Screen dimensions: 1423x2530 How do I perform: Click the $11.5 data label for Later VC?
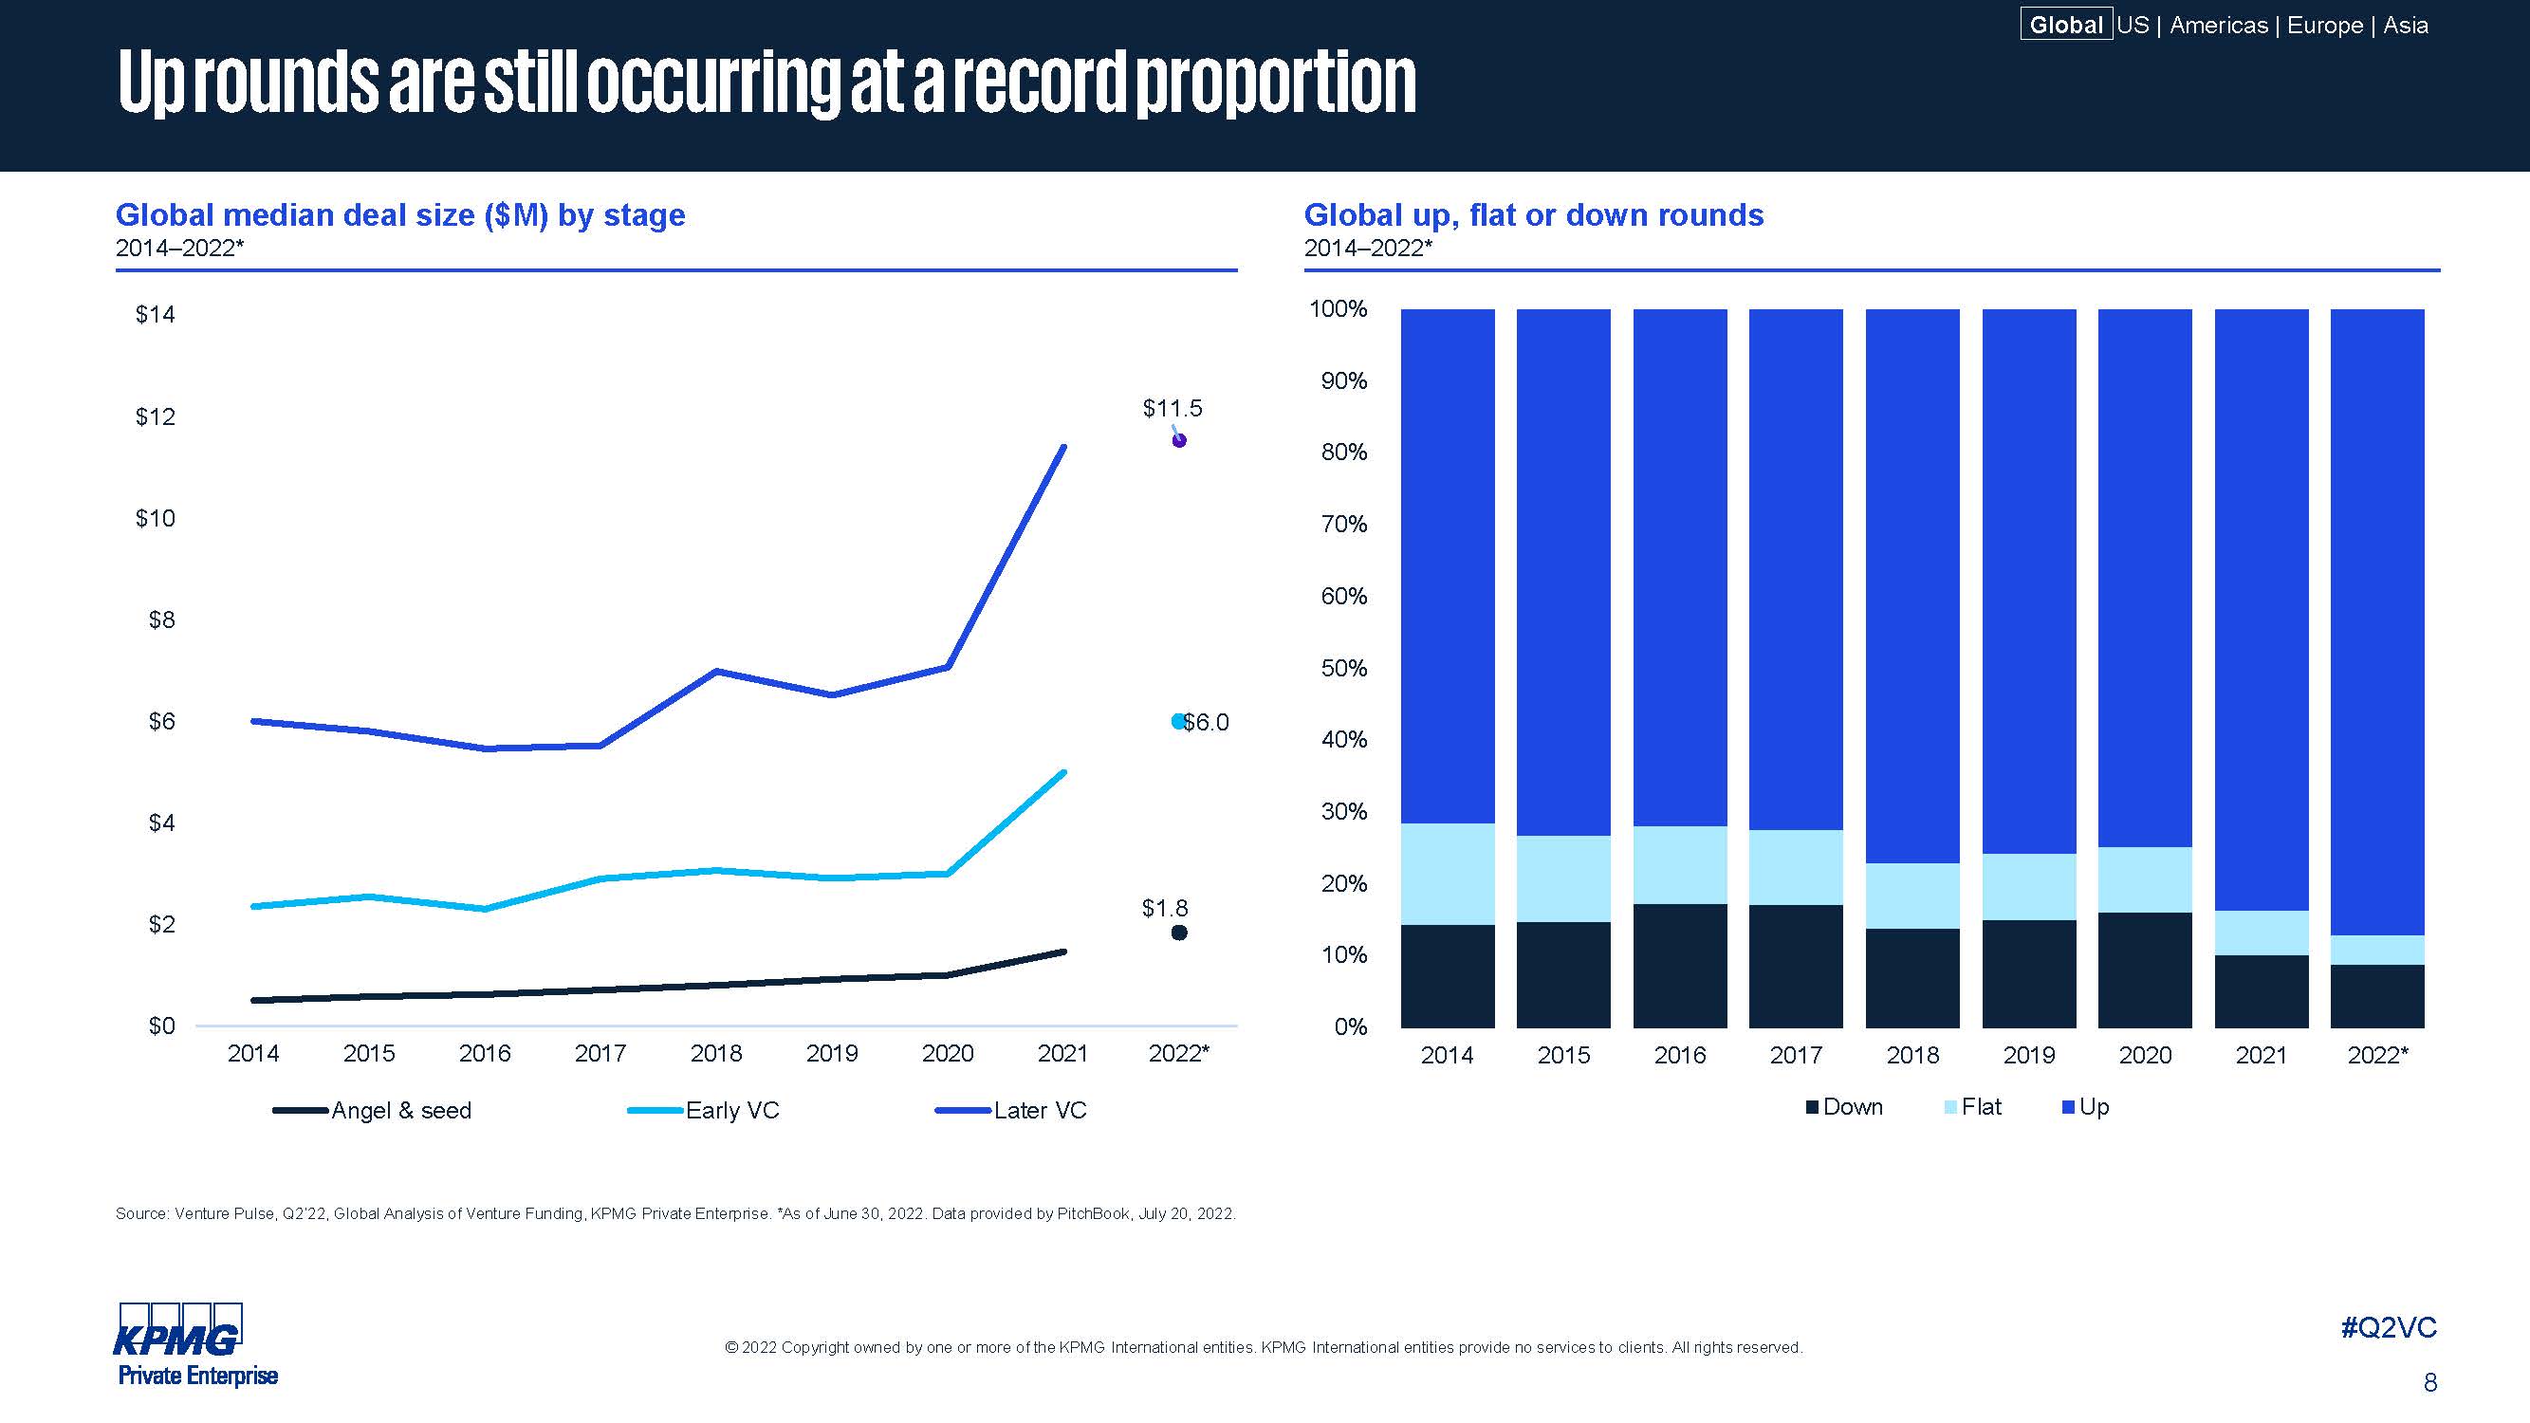(x=1172, y=408)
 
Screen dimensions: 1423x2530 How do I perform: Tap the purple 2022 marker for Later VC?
(x=1179, y=440)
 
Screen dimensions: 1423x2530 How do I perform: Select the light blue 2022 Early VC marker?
(x=1178, y=722)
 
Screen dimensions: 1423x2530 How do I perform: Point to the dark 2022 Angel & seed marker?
(x=1179, y=933)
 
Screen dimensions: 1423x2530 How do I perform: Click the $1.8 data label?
(x=1165, y=909)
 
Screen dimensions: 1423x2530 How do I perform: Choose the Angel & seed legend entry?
(x=373, y=1111)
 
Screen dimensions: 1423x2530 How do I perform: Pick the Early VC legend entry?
(x=704, y=1111)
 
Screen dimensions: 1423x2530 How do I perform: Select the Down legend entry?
(x=1843, y=1107)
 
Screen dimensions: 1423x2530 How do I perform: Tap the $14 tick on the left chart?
(x=156, y=314)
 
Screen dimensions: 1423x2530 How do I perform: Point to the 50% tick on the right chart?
(x=1343, y=668)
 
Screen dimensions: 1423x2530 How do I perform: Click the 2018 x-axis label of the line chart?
(x=716, y=1054)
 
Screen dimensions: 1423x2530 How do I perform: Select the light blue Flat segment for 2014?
(x=1448, y=874)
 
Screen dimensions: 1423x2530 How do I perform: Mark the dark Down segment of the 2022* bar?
(x=2376, y=996)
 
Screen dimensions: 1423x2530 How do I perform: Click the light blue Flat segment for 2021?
(x=2261, y=933)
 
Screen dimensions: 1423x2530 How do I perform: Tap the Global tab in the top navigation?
(x=2065, y=25)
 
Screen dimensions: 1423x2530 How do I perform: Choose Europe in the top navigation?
(x=2325, y=25)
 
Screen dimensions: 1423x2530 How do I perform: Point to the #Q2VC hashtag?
(x=2389, y=1328)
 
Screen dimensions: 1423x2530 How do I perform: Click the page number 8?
(x=2429, y=1383)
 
